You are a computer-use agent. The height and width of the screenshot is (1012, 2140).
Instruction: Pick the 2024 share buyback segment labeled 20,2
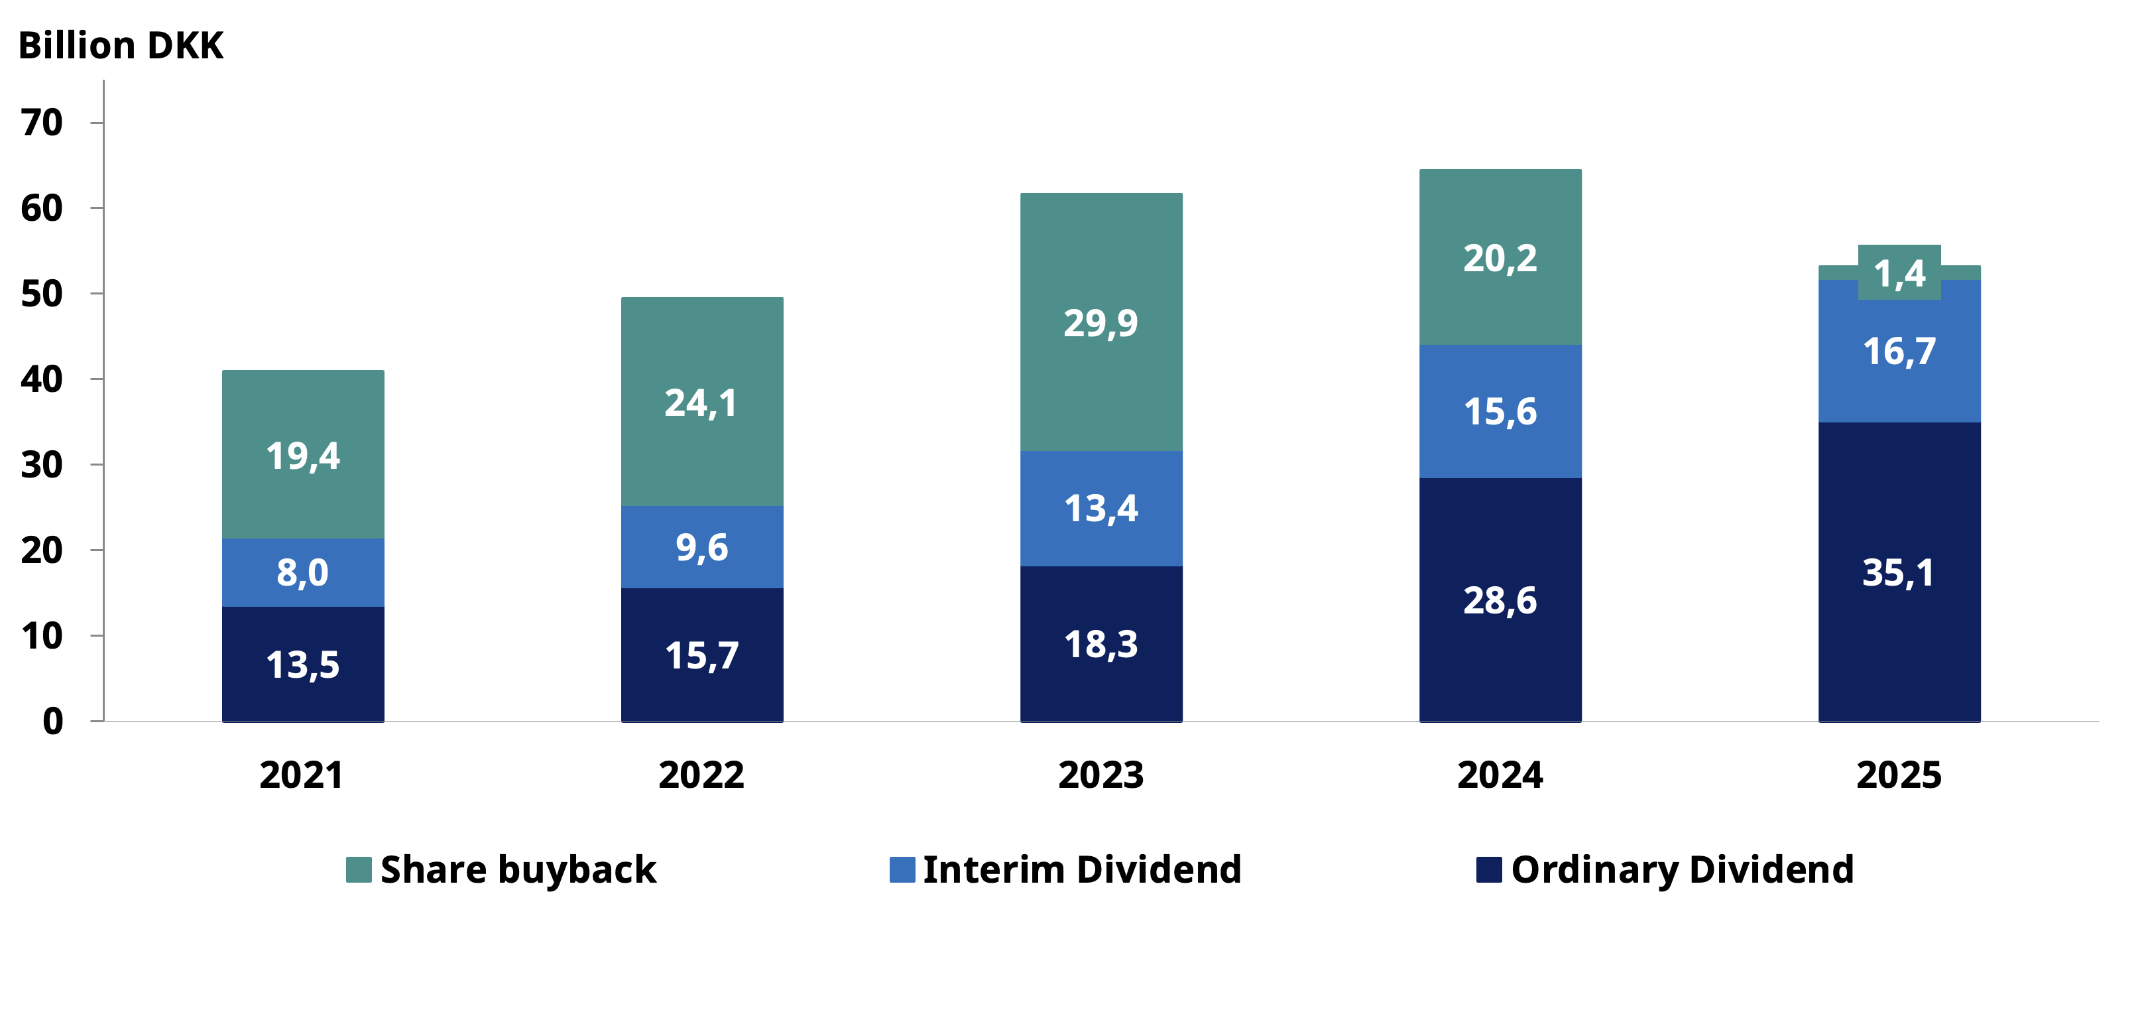click(x=1500, y=257)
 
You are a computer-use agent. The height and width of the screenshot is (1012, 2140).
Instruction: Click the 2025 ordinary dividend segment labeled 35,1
click(x=1899, y=572)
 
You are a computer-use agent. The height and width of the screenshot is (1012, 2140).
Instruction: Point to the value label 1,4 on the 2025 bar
click(x=1899, y=273)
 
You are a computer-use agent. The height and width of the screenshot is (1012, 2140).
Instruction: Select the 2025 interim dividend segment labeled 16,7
click(x=1899, y=351)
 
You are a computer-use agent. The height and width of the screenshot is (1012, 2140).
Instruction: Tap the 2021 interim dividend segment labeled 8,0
click(x=302, y=572)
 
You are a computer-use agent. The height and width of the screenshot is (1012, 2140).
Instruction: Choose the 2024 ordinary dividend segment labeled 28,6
click(x=1500, y=600)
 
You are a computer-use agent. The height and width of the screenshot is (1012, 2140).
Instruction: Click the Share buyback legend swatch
click(x=358, y=869)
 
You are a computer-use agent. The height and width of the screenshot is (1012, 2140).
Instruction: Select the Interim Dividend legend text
click(x=1082, y=869)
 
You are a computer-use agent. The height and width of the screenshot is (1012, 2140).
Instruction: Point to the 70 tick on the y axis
click(x=42, y=123)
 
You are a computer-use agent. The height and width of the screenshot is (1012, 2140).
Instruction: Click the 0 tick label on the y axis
click(x=52, y=721)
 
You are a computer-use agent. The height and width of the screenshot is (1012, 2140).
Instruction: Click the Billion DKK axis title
click(x=121, y=46)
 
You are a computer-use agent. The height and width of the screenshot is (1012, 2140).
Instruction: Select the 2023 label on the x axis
click(x=1100, y=775)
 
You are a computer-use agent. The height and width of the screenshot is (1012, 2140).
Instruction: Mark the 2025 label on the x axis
click(x=1899, y=775)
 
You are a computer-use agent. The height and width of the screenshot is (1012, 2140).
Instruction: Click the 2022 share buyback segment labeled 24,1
click(x=702, y=403)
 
